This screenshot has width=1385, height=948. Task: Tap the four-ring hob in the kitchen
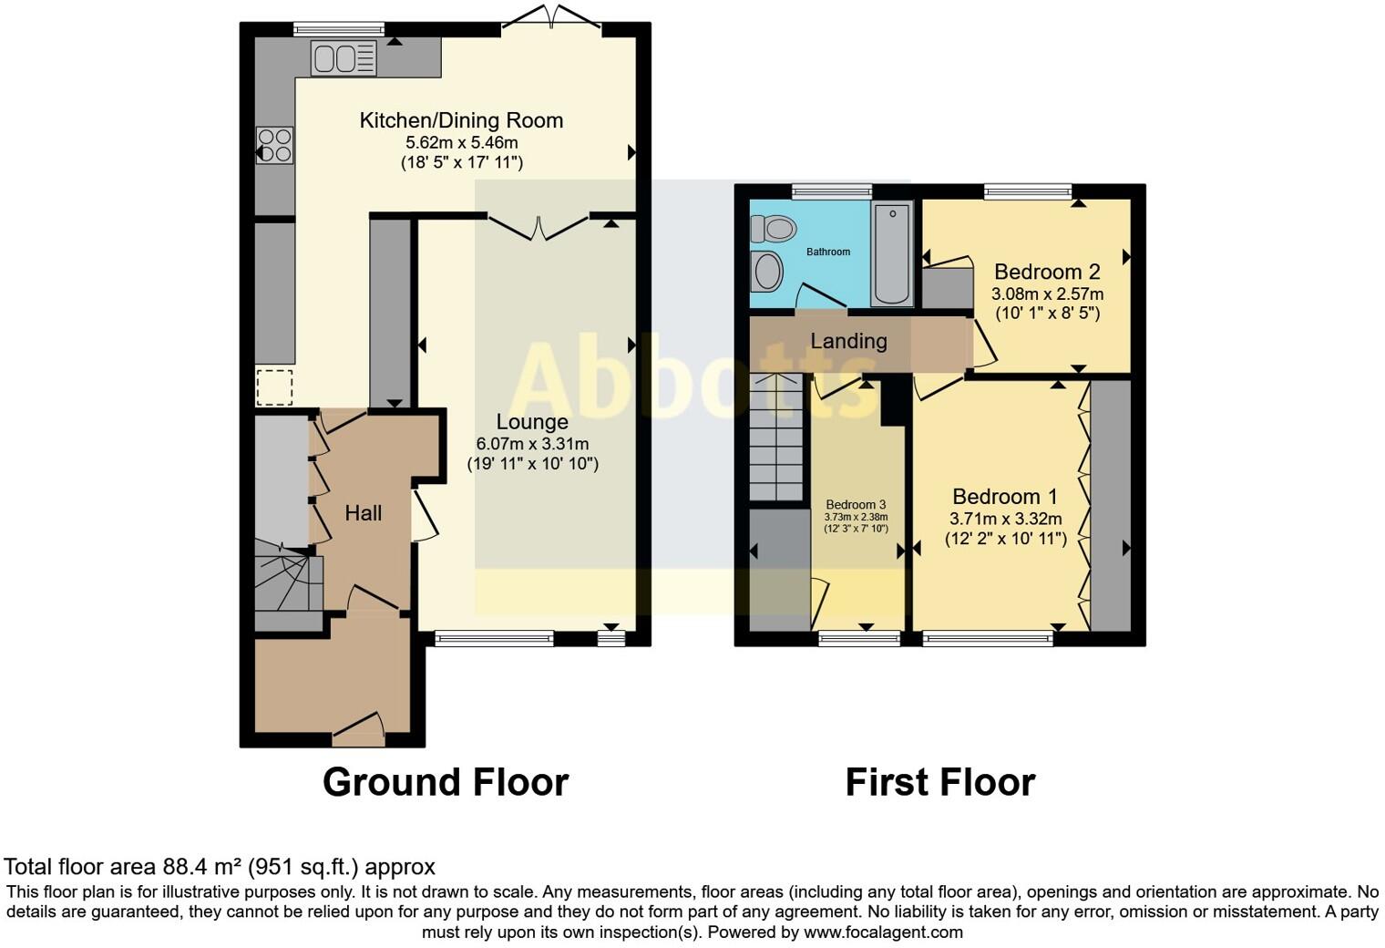tap(275, 145)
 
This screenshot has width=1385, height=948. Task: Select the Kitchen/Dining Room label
tap(461, 120)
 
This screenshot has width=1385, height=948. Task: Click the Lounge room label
tap(532, 422)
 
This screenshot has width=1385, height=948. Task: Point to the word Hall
tap(363, 513)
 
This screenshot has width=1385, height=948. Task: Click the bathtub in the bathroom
tap(891, 254)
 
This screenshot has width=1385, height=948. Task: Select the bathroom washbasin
tap(768, 272)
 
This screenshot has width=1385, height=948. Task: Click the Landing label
tap(848, 341)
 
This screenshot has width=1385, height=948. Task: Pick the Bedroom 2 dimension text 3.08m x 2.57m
tap(1047, 294)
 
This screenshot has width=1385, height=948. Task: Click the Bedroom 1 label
tap(1005, 497)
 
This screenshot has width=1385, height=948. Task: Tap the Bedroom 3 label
tap(856, 505)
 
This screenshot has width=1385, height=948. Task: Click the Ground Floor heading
tap(446, 782)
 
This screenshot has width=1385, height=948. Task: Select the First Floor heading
tap(939, 782)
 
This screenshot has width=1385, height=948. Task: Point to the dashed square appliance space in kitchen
tap(274, 387)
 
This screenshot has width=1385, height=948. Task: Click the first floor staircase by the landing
tap(776, 438)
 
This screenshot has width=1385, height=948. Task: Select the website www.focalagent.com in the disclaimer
tap(882, 933)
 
